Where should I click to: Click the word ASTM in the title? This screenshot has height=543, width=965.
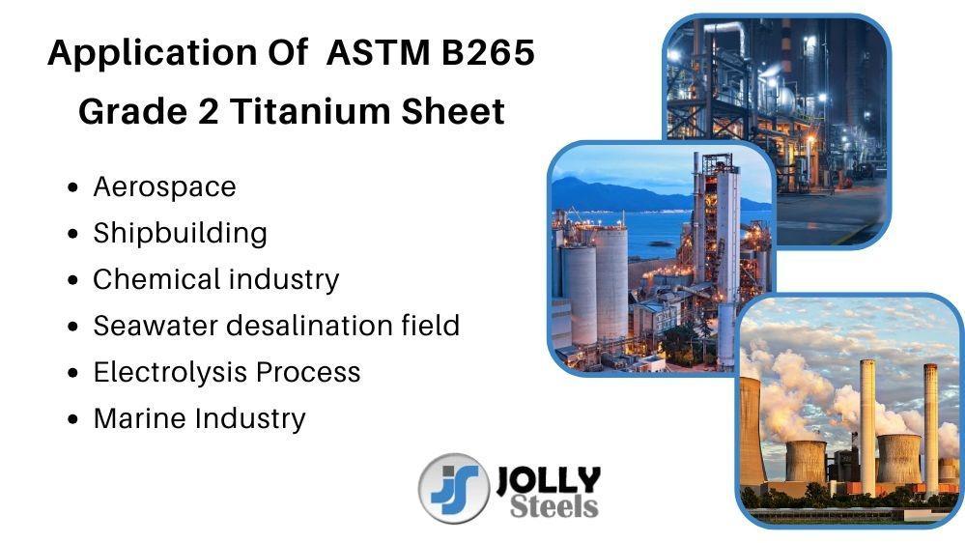coord(378,52)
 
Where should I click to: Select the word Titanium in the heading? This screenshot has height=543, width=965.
coord(309,111)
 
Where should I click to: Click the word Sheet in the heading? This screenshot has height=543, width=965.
coord(453,111)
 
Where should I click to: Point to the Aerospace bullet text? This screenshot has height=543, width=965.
coord(164,187)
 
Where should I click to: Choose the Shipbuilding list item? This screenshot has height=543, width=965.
coord(181,233)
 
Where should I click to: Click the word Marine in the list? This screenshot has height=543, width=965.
coord(140,418)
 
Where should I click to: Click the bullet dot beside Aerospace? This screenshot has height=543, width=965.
coord(73,187)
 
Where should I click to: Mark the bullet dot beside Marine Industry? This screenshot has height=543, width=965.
coord(73,419)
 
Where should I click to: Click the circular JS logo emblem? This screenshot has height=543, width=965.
coord(454,489)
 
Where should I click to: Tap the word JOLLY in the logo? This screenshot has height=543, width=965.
coord(548,479)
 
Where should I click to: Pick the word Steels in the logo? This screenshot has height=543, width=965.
coord(553,505)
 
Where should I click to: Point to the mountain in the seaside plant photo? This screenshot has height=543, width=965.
coord(621,195)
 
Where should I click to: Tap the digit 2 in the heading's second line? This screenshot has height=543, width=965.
coord(208,111)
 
